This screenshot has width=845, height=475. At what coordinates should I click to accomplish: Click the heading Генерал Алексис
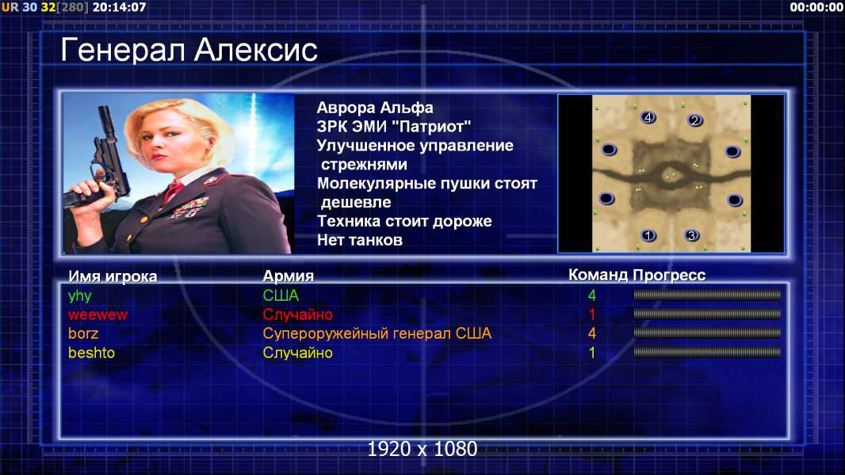[x=189, y=50]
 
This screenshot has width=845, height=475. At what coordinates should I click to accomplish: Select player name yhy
[x=80, y=296]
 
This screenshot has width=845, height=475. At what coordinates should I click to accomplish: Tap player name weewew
[x=97, y=315]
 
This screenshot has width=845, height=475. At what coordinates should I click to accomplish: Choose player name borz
[x=83, y=333]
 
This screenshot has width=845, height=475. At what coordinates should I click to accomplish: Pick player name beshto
[x=91, y=353]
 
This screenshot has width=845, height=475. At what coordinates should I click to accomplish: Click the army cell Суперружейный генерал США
[x=377, y=334]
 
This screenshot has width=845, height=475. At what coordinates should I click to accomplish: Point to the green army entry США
[x=281, y=295]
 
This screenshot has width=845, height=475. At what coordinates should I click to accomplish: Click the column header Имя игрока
[x=113, y=276]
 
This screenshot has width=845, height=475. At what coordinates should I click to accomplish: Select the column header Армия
[x=289, y=276]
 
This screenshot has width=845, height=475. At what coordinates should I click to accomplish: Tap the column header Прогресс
[x=669, y=275]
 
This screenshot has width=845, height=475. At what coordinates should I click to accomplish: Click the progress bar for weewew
[x=707, y=314]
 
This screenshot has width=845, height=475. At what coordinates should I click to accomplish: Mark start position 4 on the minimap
[x=648, y=116]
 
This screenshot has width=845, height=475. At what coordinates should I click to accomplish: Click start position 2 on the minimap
[x=694, y=120]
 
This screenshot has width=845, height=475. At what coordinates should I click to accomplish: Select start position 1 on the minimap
[x=648, y=235]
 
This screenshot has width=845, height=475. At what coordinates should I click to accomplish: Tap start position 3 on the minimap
[x=691, y=235]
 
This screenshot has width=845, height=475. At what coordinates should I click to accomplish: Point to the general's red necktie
[x=173, y=190]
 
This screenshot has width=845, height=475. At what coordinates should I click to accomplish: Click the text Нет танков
[x=359, y=240]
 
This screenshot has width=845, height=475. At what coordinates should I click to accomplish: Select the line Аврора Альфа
[x=374, y=108]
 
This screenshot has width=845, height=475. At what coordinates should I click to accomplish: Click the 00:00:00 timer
[x=816, y=7]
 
